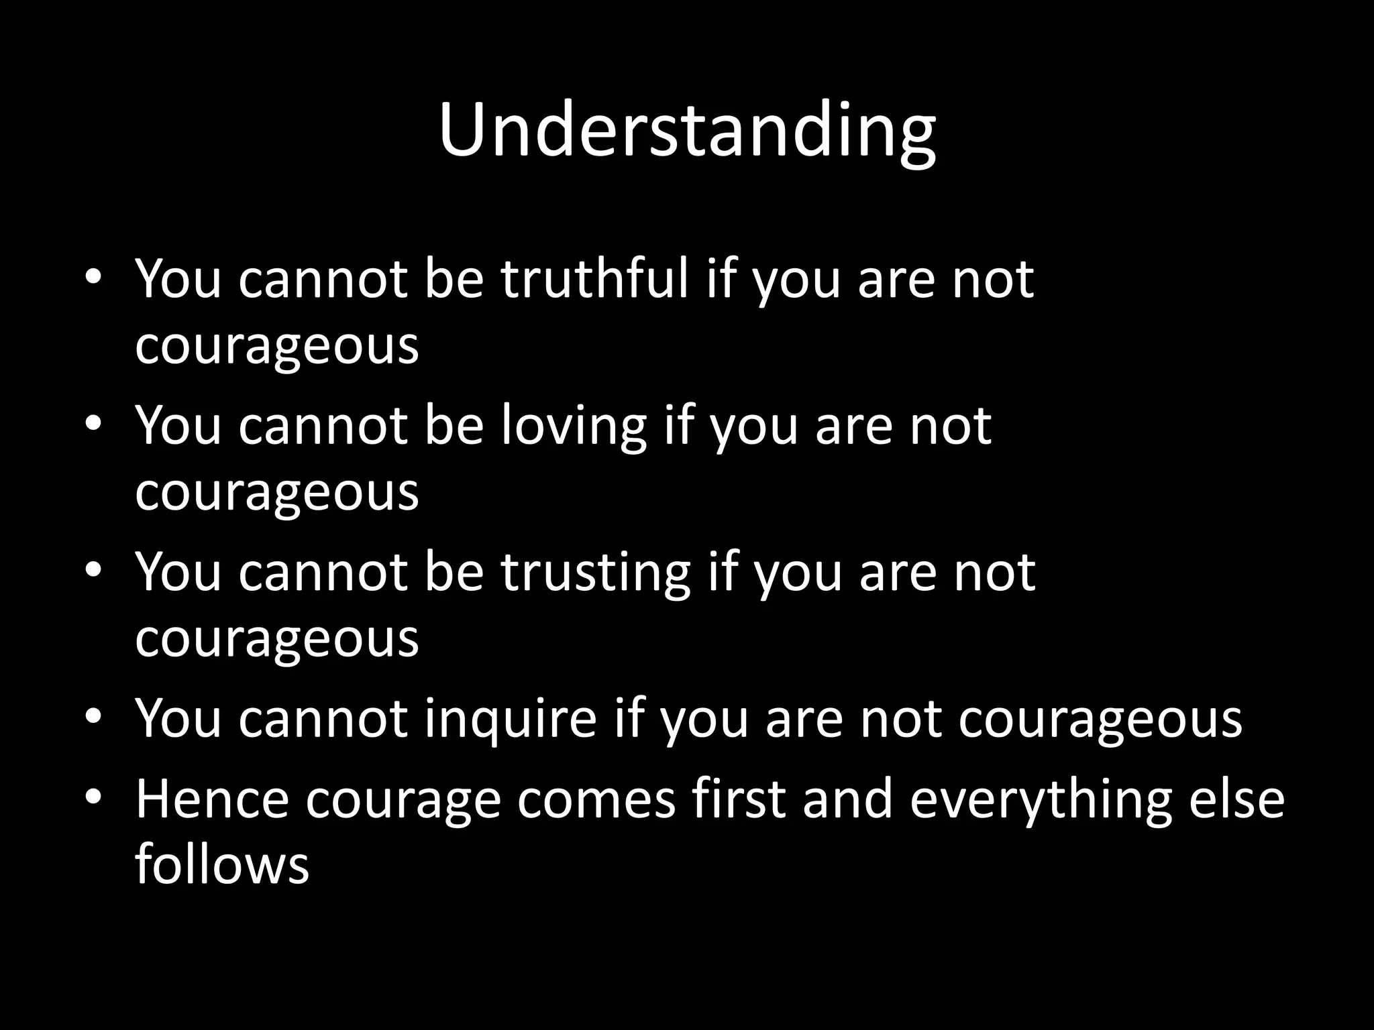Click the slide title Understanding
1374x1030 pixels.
tap(687, 130)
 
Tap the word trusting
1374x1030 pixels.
tap(595, 571)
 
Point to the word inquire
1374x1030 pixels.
tap(510, 718)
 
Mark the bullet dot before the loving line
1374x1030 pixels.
tap(93, 423)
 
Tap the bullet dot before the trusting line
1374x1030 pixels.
tap(93, 570)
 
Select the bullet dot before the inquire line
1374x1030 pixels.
tap(93, 717)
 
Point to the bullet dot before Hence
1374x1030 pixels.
tap(93, 797)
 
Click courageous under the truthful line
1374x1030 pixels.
tap(276, 347)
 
